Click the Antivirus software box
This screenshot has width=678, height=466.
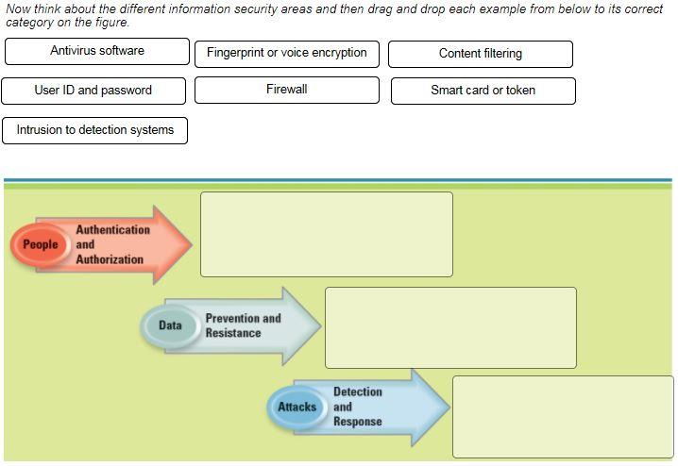(x=97, y=51)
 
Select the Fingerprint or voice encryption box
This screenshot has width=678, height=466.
(x=287, y=54)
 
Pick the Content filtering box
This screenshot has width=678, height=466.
(x=481, y=54)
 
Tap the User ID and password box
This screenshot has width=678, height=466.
(x=93, y=91)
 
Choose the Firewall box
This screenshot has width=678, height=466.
(x=287, y=90)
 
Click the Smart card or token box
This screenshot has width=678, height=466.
(x=483, y=91)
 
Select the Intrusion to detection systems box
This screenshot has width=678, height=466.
(x=95, y=130)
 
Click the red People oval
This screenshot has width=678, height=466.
(x=41, y=244)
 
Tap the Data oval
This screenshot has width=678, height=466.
(x=170, y=325)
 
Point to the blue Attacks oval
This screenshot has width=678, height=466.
(x=297, y=407)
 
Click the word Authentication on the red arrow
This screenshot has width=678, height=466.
(x=113, y=230)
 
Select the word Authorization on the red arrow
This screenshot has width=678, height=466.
(x=110, y=259)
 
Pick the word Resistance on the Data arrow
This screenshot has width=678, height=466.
(x=233, y=333)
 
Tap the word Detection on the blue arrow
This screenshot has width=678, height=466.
(x=358, y=391)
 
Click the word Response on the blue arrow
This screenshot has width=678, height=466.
(x=358, y=421)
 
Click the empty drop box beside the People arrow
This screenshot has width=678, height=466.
(x=327, y=235)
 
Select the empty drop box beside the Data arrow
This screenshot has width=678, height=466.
(x=451, y=327)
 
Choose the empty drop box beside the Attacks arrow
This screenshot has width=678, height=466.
(x=563, y=417)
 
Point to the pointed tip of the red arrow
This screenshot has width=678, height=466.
(x=192, y=244)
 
